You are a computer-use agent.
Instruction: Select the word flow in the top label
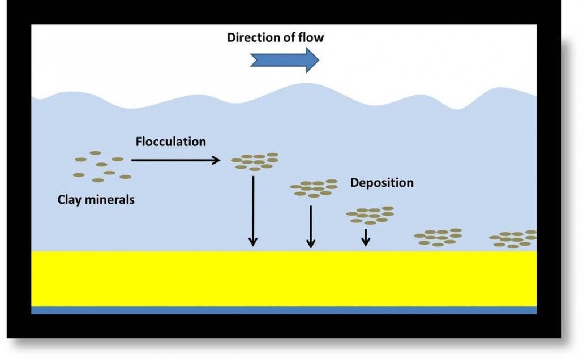(311, 38)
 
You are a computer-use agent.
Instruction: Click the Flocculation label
(170, 142)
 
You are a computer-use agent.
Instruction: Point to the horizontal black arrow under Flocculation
(175, 161)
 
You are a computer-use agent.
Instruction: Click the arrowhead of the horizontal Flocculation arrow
(216, 161)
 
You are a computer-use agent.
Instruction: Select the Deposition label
(381, 183)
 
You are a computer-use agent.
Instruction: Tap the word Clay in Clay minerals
(70, 200)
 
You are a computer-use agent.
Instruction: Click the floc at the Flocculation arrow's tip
(255, 161)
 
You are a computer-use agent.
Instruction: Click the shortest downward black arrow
(366, 237)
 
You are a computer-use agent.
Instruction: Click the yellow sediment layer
(283, 278)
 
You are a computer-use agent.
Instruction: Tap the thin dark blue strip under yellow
(283, 310)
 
